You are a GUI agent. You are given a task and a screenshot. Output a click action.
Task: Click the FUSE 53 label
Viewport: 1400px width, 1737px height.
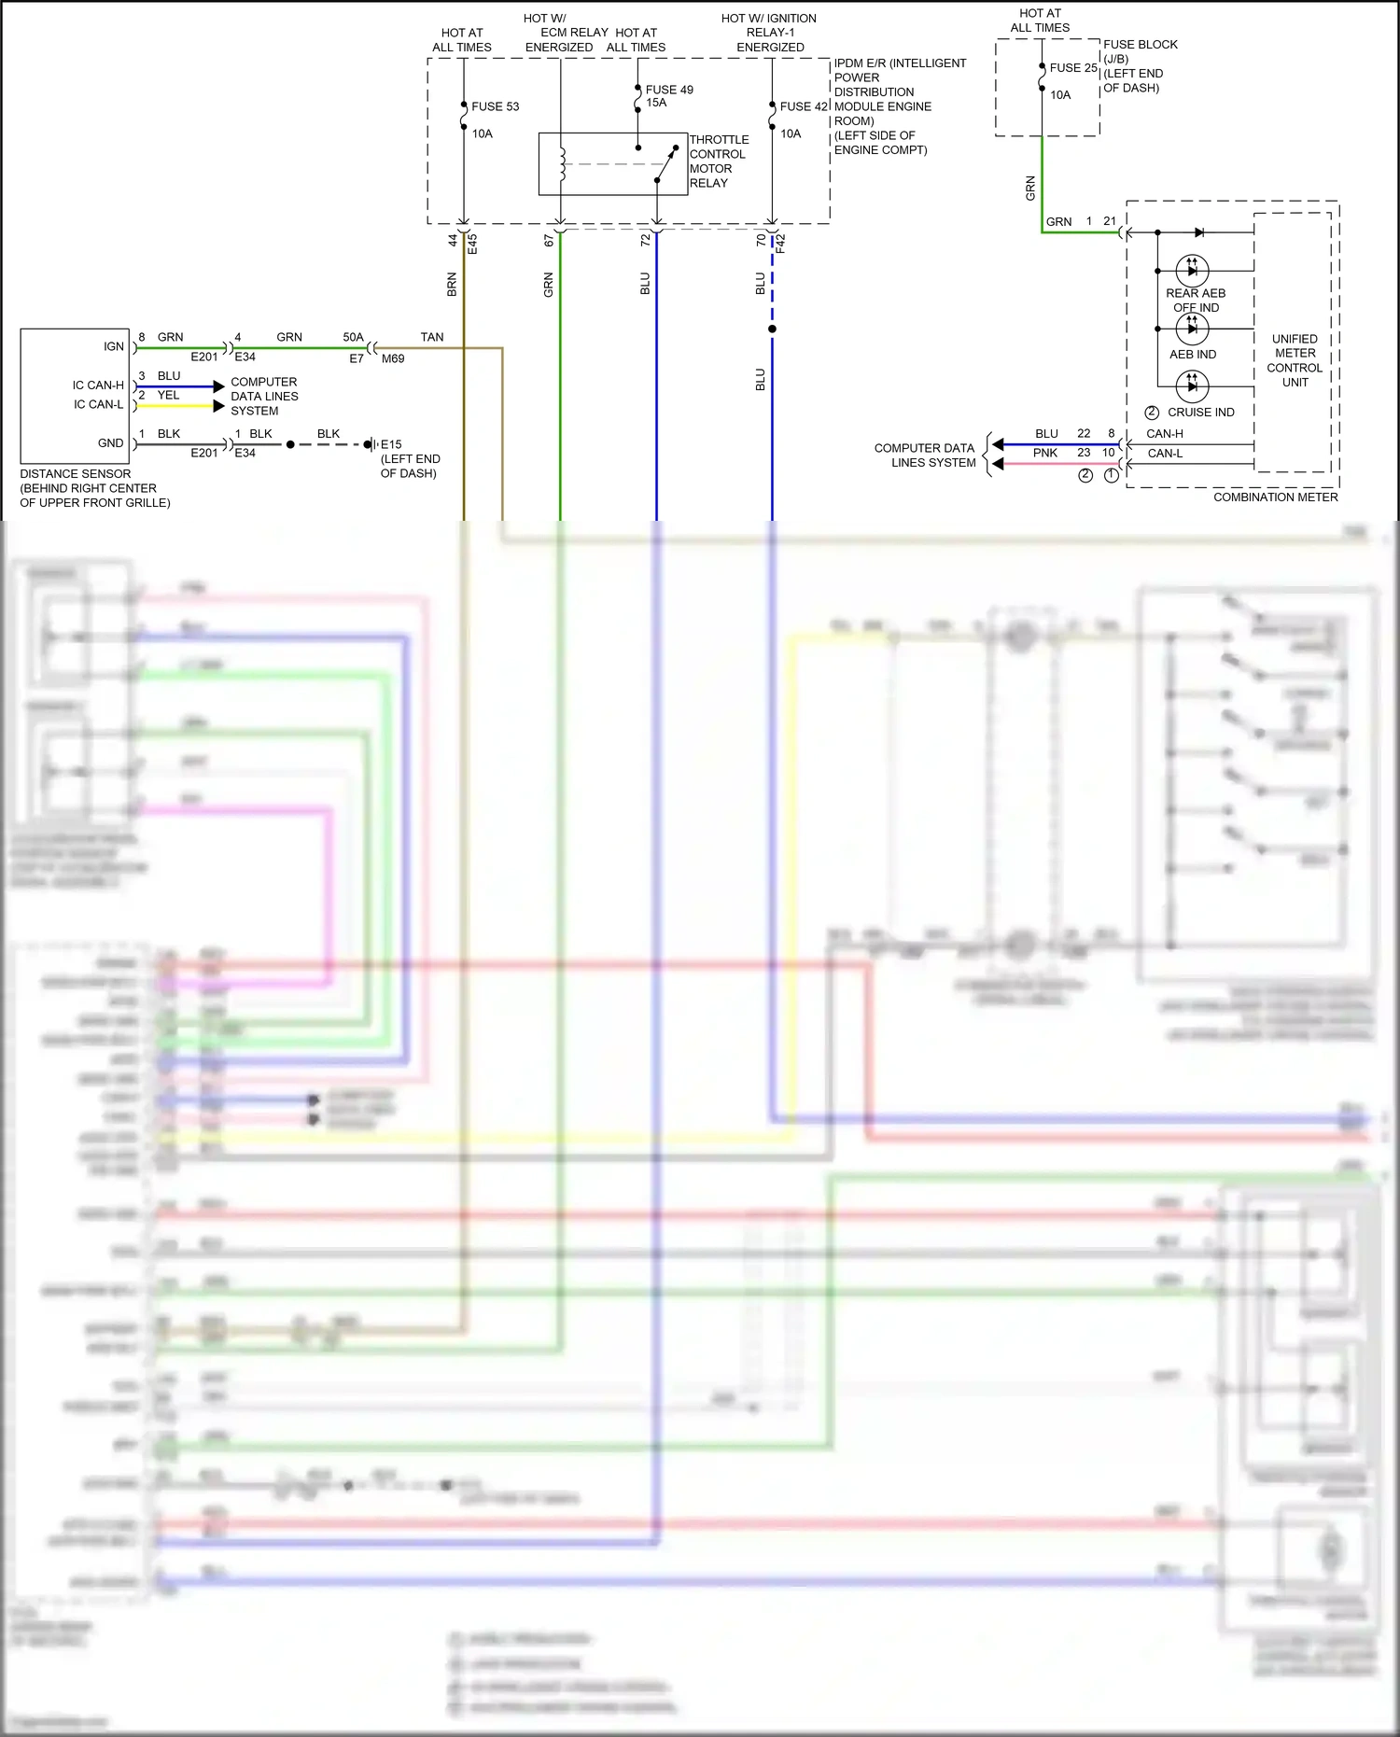click(495, 106)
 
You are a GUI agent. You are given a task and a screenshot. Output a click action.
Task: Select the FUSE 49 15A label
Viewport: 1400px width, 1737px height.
click(669, 96)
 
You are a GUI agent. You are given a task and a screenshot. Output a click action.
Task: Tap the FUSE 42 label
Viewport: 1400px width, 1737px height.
click(803, 106)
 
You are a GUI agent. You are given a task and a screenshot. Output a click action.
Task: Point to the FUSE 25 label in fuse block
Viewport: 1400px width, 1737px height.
click(1072, 68)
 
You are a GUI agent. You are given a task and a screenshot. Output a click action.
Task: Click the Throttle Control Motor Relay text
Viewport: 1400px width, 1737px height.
click(718, 161)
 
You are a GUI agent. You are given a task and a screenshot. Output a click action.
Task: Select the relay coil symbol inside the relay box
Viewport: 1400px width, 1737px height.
click(562, 163)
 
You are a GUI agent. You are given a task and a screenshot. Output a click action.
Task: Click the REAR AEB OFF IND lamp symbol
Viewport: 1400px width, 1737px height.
click(1192, 271)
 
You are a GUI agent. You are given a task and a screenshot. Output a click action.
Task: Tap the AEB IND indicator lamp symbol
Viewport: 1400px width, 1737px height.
click(1192, 329)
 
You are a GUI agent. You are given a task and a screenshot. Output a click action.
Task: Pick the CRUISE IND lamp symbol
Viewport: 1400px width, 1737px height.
click(1192, 385)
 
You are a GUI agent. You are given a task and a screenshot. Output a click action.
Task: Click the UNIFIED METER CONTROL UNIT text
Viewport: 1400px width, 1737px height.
click(1295, 360)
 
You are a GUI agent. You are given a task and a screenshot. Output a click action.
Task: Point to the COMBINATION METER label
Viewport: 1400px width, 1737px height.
click(1275, 497)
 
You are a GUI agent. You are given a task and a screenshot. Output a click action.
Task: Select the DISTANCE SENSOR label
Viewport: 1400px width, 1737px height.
click(76, 474)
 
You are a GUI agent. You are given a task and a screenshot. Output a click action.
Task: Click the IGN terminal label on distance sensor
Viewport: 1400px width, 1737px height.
click(113, 347)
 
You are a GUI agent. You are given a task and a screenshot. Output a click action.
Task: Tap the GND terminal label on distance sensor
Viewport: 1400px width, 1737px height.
click(110, 443)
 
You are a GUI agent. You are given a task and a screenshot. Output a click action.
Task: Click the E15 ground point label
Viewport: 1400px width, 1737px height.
click(391, 444)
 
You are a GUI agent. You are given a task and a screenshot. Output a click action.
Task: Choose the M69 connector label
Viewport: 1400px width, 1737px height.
click(393, 358)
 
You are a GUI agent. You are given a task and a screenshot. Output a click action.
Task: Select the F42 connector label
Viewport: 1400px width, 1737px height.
click(781, 244)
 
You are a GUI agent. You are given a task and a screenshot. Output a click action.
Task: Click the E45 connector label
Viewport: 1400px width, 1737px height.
click(472, 244)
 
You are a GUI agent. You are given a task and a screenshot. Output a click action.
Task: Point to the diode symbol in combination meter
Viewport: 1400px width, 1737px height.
click(1198, 232)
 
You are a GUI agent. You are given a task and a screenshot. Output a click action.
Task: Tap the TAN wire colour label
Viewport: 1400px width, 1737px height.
click(432, 337)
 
